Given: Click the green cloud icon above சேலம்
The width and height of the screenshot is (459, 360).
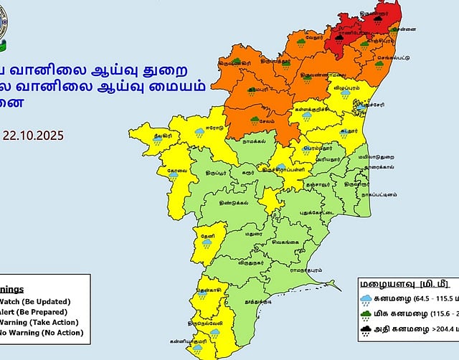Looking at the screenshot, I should (255, 119).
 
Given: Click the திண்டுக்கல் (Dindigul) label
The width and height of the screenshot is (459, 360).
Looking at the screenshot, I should (235, 203).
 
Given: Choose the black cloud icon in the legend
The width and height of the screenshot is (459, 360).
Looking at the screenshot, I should (366, 331).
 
